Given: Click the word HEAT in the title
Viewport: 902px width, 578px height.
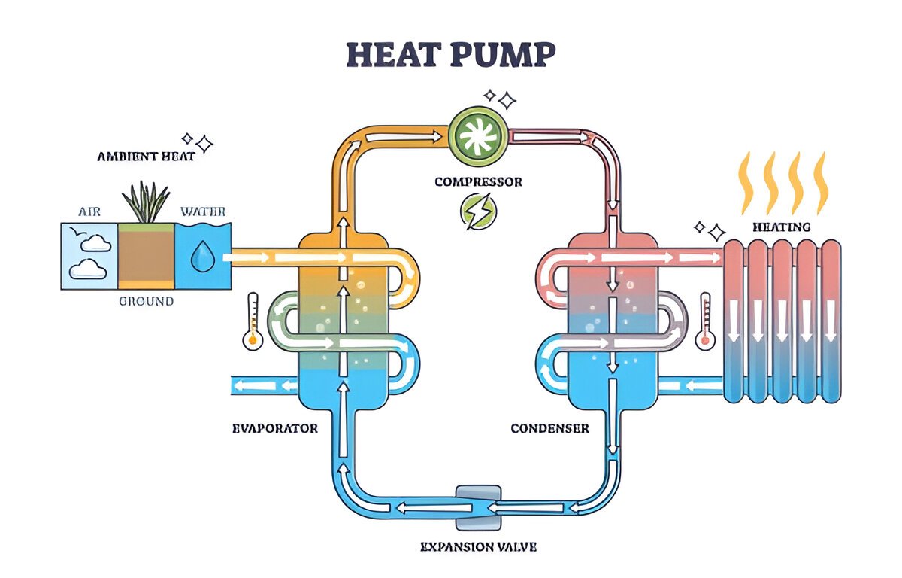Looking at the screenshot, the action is point(392,54).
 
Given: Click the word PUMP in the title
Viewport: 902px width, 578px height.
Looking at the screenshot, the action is point(503,54).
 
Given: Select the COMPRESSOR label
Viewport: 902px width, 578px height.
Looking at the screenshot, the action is point(478,182).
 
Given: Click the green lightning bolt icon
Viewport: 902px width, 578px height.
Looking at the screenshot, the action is point(478,211).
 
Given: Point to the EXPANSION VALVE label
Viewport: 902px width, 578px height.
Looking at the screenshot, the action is point(478,547).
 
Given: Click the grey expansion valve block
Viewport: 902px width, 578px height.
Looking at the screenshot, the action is point(478,507).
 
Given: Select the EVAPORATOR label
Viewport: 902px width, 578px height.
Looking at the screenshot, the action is point(275,428).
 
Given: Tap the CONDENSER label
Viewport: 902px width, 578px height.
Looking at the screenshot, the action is point(549,428).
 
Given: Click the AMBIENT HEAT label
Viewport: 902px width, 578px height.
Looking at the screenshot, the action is point(146,157).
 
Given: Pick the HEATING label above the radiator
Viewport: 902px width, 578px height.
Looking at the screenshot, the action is point(782,227).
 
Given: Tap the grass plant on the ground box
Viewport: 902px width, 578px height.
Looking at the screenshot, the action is point(146,202).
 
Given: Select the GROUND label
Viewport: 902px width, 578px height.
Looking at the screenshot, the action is point(146,301).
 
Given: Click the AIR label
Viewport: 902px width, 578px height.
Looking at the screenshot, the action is point(89,211).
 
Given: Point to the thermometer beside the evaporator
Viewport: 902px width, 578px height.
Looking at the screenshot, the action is point(253,321).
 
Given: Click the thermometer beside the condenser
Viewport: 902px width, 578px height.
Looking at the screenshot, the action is point(705,321).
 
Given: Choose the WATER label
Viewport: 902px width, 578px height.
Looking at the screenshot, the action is point(203,211).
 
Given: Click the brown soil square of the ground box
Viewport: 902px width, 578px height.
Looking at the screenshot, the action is point(146,256).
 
